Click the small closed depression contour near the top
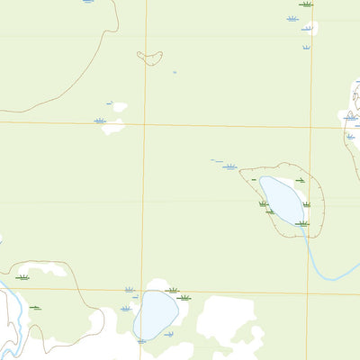click(149, 58)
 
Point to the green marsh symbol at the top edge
click(306, 4)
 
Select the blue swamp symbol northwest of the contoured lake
click(230, 166)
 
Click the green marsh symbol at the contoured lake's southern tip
click(302, 223)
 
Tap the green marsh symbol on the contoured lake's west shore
click(264, 204)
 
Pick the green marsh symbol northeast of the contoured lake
click(300, 181)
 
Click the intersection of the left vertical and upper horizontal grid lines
click(144, 123)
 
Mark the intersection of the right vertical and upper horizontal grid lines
click(309, 127)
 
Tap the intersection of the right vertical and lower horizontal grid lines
click(308, 293)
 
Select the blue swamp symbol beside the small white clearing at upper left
click(100, 121)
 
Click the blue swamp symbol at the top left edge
click(87, 2)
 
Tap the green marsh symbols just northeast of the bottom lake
click(178, 294)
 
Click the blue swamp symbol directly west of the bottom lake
click(126, 308)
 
